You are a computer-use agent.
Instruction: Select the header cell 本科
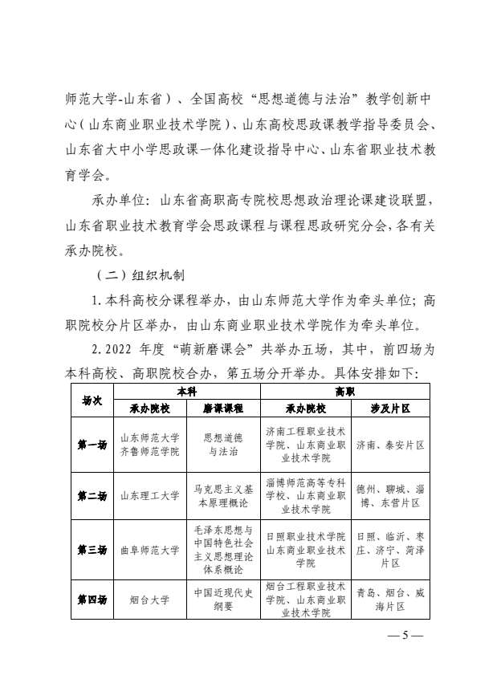click(186, 391)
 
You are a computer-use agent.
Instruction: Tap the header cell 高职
click(345, 391)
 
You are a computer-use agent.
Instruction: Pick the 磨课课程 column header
click(223, 409)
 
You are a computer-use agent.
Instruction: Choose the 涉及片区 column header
click(390, 409)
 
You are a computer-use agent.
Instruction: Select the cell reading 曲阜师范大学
click(149, 551)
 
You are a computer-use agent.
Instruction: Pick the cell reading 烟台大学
click(149, 600)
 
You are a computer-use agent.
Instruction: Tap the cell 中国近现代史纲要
click(223, 600)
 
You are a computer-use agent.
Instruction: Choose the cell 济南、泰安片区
click(390, 445)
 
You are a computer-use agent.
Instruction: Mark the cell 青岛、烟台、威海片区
click(390, 600)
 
